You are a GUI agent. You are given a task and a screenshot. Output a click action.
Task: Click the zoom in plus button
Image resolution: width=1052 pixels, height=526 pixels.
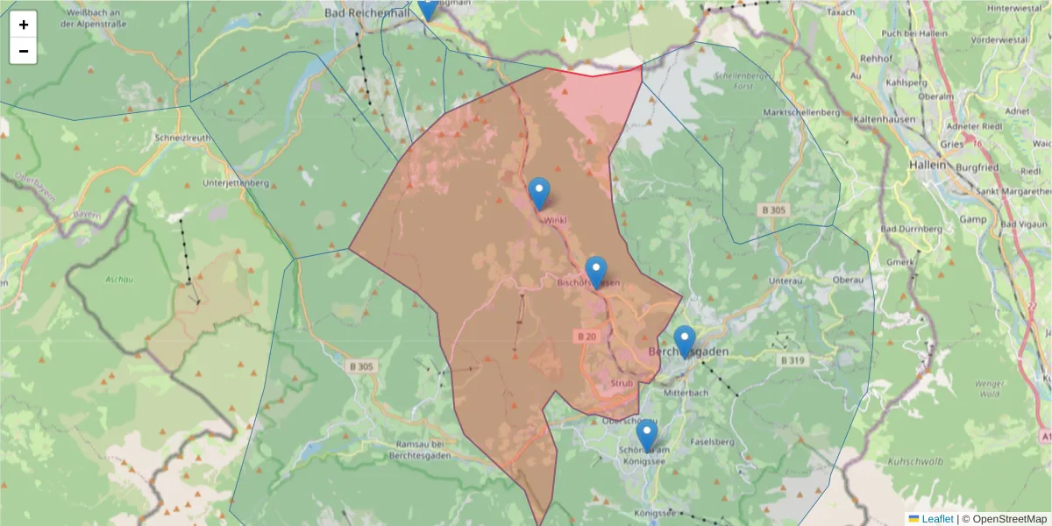coord(24,25)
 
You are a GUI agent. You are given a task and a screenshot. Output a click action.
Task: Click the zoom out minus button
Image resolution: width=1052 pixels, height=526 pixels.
coord(24,51)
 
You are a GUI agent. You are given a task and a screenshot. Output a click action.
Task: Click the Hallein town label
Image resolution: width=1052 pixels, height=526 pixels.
coord(928,164)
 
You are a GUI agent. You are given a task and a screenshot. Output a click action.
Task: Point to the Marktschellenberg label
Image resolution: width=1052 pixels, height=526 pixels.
coord(801,113)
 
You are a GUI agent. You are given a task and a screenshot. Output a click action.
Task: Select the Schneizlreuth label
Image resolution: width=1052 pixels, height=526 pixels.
coord(182,139)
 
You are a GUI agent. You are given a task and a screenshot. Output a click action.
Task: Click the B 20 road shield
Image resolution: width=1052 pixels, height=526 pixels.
coord(587,336)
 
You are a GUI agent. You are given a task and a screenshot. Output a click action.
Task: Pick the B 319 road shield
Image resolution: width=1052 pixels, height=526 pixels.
coord(794,359)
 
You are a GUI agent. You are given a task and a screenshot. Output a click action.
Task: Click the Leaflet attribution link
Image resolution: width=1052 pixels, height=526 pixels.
coord(936,519)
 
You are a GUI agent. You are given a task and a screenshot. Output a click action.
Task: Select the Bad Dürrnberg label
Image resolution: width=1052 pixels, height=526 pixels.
coord(911,229)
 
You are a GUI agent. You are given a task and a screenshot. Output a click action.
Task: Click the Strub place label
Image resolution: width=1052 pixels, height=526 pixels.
coord(622,383)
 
